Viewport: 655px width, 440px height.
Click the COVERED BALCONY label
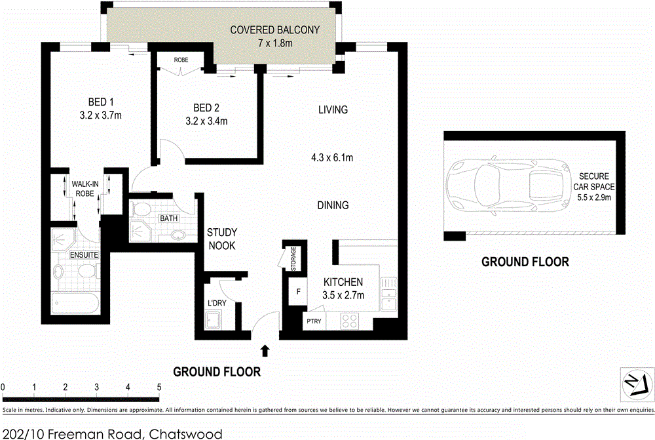pos(274,30)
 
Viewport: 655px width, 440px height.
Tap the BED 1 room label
pos(101,102)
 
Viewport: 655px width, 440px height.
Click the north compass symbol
pos(637,384)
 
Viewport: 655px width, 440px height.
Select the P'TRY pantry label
pos(312,322)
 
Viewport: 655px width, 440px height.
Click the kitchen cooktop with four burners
pos(348,321)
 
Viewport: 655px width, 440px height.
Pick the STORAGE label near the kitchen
pos(293,259)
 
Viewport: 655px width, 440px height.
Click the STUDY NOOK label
pos(221,239)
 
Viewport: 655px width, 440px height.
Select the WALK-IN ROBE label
pos(86,190)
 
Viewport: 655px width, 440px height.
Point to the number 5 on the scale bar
pos(159,386)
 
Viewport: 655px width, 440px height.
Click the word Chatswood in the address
pos(185,433)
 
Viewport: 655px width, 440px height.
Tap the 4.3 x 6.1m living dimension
pos(332,157)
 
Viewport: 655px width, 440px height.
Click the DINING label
pos(333,205)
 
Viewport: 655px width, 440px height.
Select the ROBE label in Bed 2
pos(181,60)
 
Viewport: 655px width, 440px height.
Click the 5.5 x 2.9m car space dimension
pos(594,197)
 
